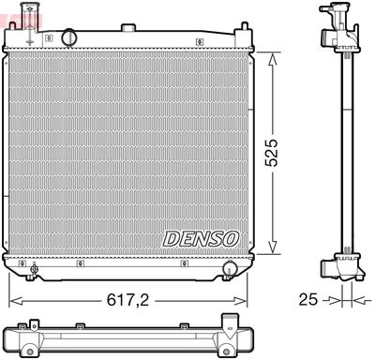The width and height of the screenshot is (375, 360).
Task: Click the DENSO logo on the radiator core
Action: [202, 238]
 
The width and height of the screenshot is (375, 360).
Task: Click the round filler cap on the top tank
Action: [67, 37]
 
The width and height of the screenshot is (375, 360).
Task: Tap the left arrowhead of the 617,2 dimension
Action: [13, 302]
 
